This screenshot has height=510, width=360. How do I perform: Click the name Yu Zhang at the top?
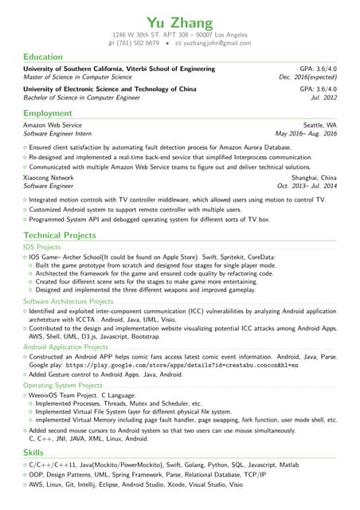pyautogui.click(x=180, y=22)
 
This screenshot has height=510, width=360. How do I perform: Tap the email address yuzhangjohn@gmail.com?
pyautogui.click(x=217, y=43)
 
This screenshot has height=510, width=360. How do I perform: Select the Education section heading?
pyautogui.click(x=43, y=57)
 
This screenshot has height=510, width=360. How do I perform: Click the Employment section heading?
pyautogui.click(x=48, y=114)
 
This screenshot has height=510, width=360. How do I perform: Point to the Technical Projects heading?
pyautogui.click(x=60, y=236)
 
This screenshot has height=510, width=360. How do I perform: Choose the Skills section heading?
pyautogui.click(x=34, y=452)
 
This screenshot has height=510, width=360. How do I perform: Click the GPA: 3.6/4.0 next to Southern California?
pyautogui.click(x=318, y=69)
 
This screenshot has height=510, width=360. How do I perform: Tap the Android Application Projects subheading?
pyautogui.click(x=65, y=347)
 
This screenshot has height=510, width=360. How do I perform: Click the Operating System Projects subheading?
pyautogui.click(x=63, y=386)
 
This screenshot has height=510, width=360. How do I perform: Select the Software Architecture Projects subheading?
pyautogui.click(x=68, y=302)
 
